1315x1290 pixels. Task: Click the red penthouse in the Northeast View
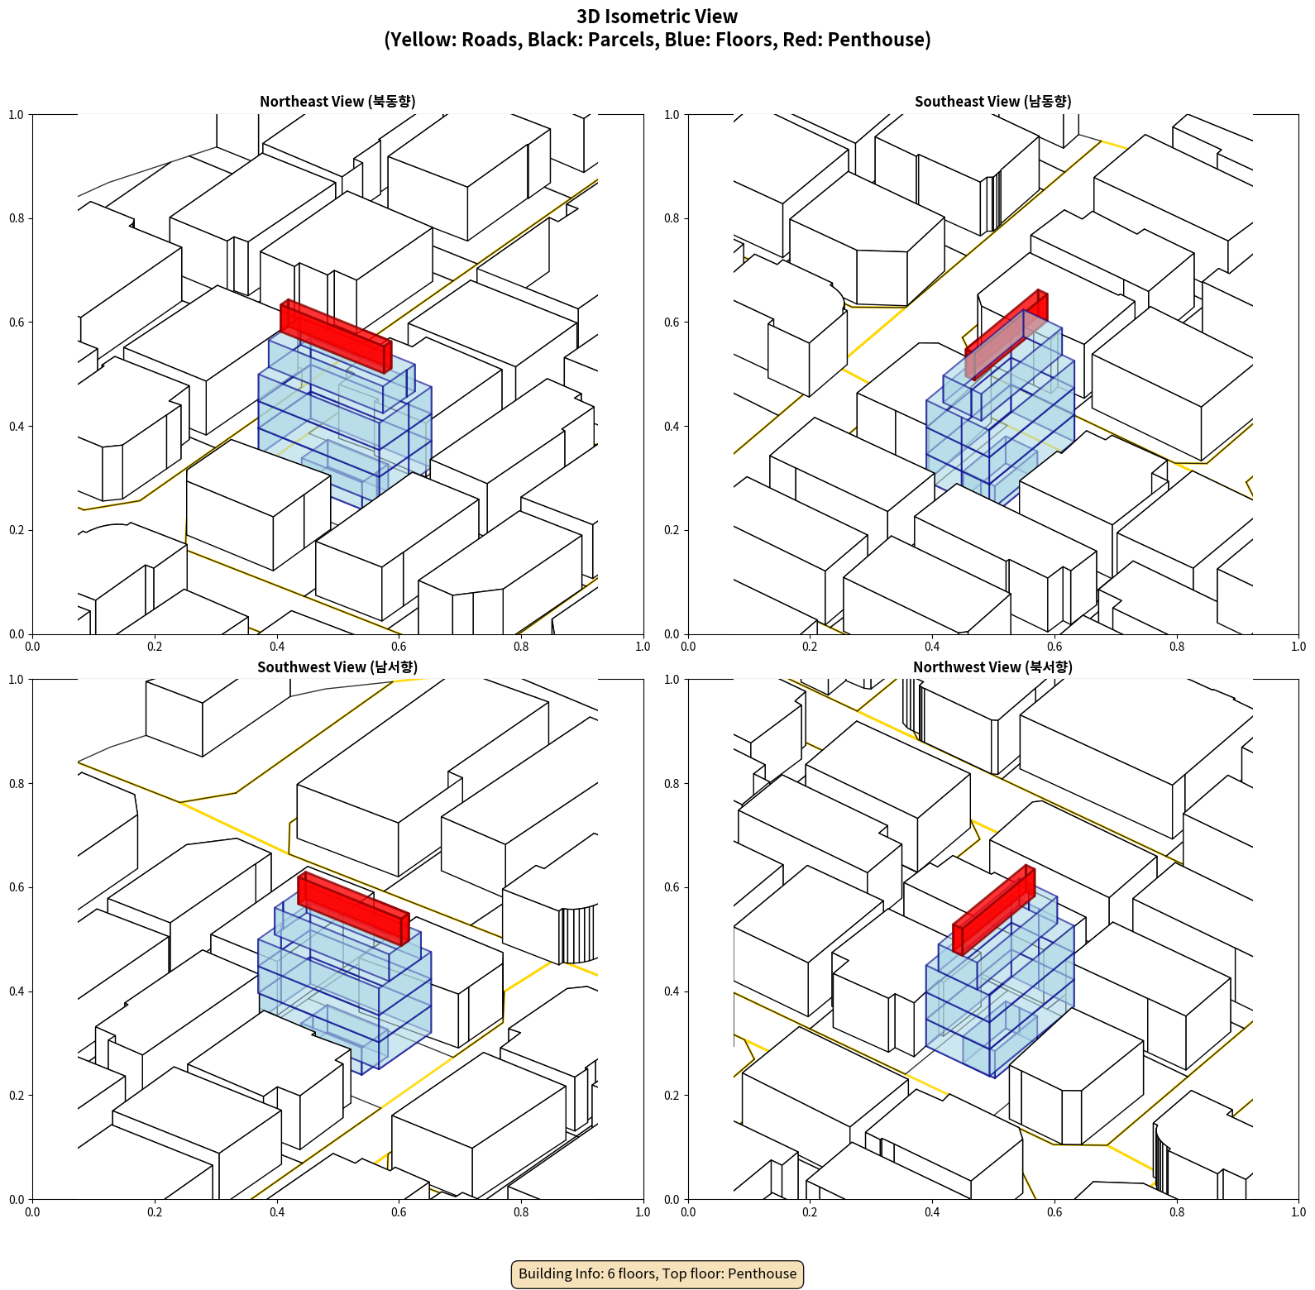click(336, 336)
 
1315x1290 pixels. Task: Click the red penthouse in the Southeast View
click(1007, 335)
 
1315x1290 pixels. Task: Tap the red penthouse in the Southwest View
click(353, 908)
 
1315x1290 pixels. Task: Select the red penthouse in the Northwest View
click(994, 910)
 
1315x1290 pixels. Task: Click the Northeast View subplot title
click(337, 102)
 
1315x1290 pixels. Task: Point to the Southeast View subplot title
click(993, 102)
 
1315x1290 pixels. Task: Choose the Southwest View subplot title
click(337, 667)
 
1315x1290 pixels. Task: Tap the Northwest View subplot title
click(993, 667)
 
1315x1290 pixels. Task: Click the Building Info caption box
click(657, 1273)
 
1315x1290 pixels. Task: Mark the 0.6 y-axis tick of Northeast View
click(17, 322)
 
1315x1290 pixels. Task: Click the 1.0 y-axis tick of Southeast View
click(672, 115)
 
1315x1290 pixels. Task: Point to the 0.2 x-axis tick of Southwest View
click(155, 1212)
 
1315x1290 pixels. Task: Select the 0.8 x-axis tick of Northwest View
click(1177, 1212)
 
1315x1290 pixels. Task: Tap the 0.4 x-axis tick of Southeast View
click(932, 647)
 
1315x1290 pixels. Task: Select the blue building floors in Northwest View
click(999, 988)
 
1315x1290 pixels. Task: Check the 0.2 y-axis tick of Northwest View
click(672, 1096)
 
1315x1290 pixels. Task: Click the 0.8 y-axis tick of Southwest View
click(17, 784)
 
